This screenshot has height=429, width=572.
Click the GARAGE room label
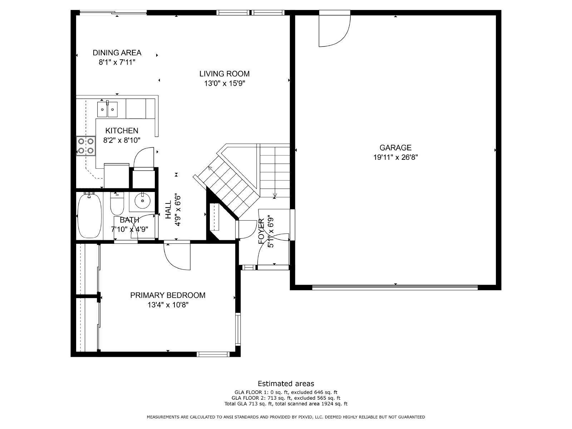tap(395, 148)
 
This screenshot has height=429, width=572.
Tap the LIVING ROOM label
tap(225, 74)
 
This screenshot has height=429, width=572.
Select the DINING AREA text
tap(117, 53)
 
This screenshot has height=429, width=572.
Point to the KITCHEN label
tap(122, 130)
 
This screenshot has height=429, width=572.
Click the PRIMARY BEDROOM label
tap(168, 295)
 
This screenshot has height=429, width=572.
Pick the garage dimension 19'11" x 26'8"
tap(396, 157)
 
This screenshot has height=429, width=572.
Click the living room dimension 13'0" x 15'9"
tap(225, 83)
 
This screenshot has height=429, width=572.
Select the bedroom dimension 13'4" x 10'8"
tap(168, 305)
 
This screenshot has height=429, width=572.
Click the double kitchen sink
tap(107, 109)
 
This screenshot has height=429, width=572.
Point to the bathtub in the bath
tap(89, 215)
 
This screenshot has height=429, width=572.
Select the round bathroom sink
tap(142, 201)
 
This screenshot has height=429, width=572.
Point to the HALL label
tap(168, 209)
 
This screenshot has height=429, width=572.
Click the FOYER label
tap(261, 231)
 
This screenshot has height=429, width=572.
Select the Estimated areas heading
tap(286, 383)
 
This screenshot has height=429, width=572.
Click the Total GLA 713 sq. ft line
tap(286, 404)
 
